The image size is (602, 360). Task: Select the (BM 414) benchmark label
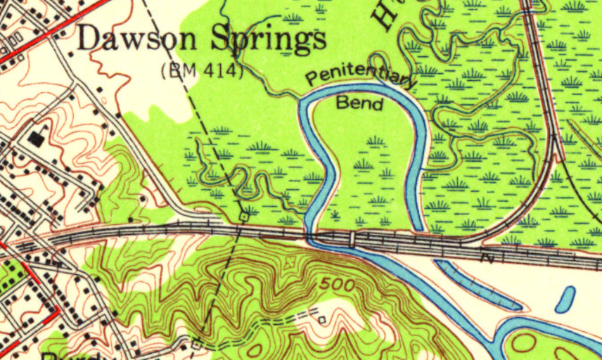click(x=201, y=70)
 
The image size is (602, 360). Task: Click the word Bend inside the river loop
click(x=360, y=104)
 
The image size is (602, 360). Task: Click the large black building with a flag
click(x=36, y=138)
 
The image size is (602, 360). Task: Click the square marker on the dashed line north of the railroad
click(x=243, y=217)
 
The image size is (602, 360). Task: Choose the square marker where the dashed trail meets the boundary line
click(x=196, y=344)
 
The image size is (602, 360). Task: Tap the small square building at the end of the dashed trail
click(x=321, y=320)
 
